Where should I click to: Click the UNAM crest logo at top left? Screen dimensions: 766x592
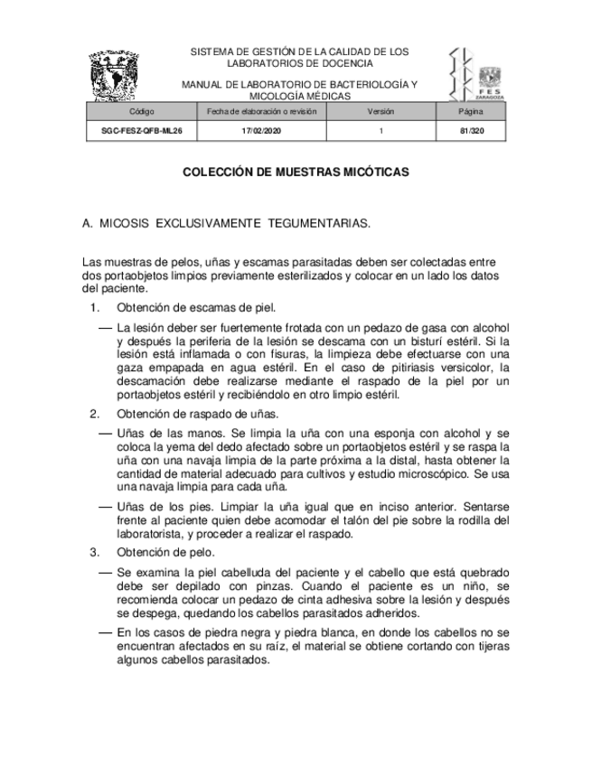115,76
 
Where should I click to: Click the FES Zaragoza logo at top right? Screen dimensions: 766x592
476,73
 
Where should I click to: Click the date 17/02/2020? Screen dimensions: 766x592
261,131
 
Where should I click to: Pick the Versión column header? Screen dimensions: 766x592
381,111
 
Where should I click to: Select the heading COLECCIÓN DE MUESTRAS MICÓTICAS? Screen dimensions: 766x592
296,171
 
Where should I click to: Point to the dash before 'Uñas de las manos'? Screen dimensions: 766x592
105,434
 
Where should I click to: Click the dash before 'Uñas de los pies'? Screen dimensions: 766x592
105,506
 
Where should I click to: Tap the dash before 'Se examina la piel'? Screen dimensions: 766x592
105,573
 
